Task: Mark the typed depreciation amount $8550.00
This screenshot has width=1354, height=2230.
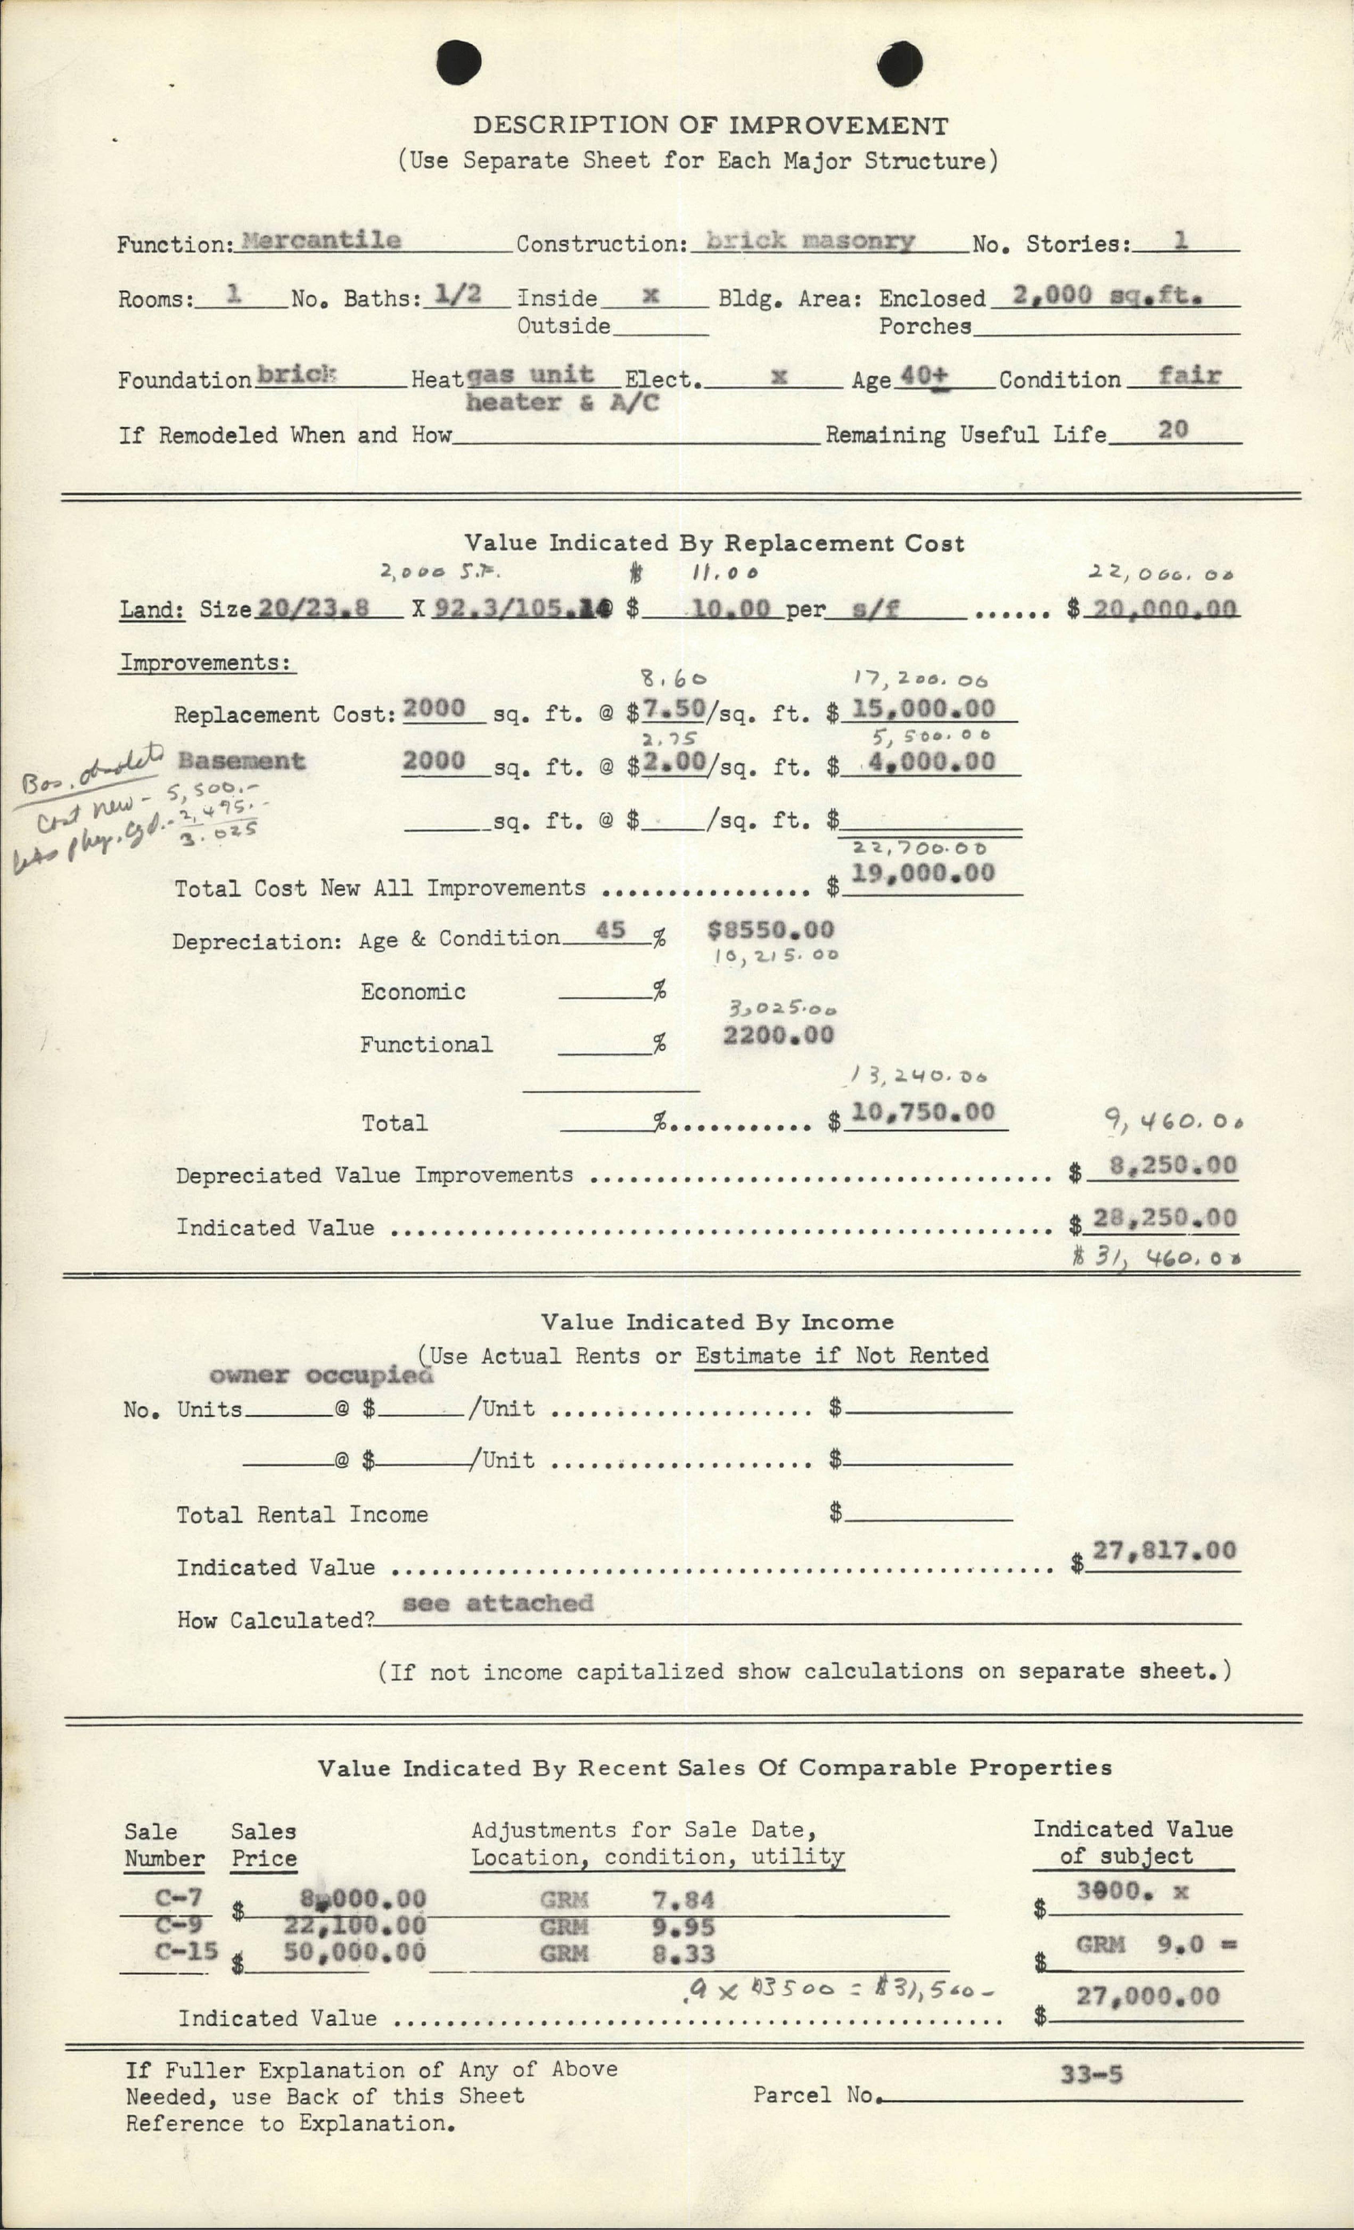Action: coord(770,929)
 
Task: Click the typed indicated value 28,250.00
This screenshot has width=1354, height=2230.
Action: coord(1164,1218)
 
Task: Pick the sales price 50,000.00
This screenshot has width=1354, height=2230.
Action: coord(354,1952)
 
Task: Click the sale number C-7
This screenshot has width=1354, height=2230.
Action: coord(178,1898)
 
